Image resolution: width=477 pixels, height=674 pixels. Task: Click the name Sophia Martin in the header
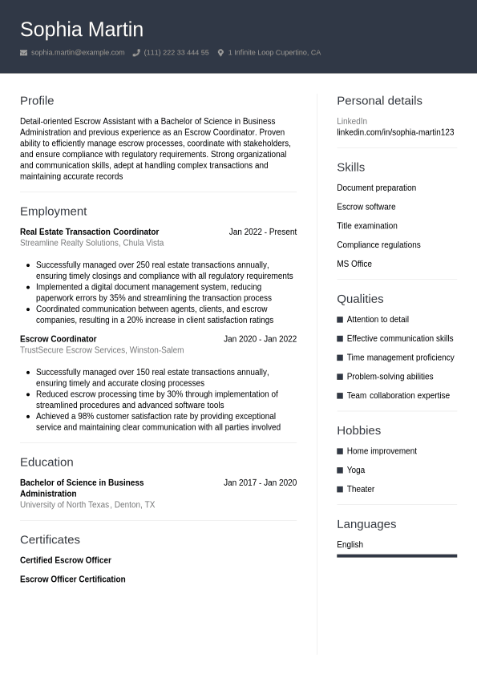(82, 30)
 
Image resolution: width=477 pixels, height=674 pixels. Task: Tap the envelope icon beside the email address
(24, 53)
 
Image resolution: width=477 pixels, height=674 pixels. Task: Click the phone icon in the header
(136, 53)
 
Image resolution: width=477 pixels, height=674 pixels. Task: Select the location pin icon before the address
(220, 53)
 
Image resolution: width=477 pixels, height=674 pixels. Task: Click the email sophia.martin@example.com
(78, 53)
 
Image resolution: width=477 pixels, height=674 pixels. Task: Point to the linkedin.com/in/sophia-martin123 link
(395, 132)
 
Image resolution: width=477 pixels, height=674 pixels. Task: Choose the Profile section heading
(37, 101)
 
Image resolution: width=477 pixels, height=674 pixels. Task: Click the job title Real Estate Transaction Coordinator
(89, 232)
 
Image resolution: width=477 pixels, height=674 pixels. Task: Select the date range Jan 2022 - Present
(262, 232)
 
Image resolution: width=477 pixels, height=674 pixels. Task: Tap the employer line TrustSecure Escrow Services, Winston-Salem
(102, 350)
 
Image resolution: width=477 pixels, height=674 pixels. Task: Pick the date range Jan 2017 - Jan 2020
(260, 482)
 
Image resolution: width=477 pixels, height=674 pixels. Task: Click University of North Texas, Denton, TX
(87, 505)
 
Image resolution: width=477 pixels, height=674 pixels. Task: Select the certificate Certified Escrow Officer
(66, 560)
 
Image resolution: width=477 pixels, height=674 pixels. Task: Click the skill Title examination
(367, 226)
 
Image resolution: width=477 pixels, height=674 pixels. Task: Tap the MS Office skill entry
(354, 264)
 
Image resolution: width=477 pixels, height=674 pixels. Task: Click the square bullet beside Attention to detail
(340, 319)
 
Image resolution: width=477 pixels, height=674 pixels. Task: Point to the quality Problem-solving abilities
(390, 377)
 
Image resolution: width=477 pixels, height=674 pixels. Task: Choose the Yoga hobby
(356, 470)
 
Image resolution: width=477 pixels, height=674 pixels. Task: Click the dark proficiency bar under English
(397, 555)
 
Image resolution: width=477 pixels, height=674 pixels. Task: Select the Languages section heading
(366, 524)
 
